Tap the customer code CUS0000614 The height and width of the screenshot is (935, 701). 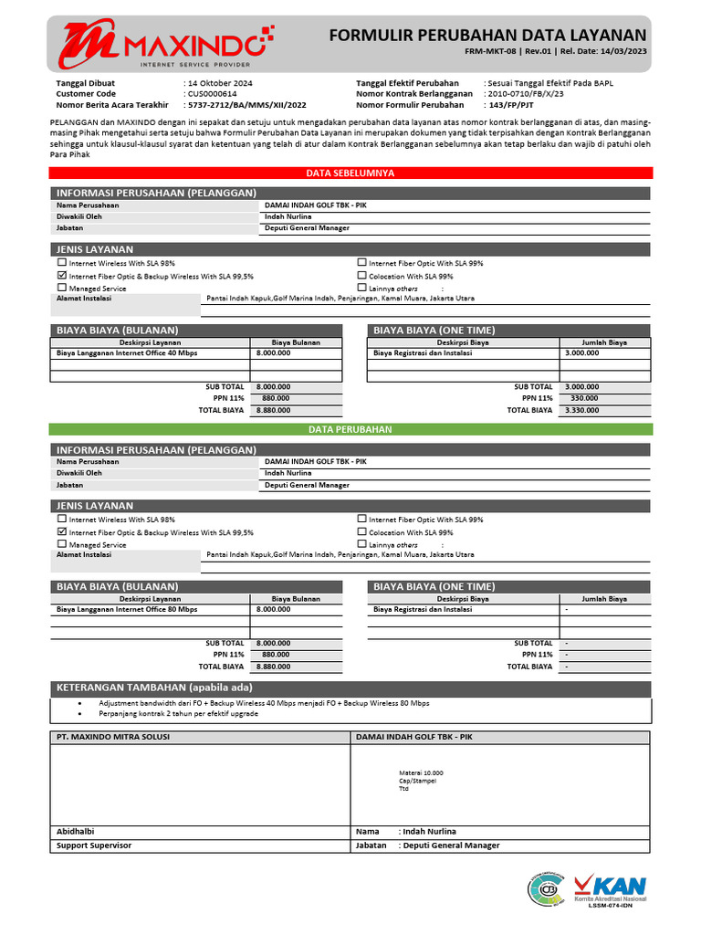213,94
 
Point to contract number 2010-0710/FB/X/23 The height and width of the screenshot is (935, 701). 525,94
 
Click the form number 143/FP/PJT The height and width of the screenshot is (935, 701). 512,105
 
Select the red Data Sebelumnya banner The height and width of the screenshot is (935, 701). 350,173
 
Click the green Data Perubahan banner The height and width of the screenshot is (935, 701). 350,429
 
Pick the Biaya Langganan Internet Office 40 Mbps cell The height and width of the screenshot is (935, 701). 127,352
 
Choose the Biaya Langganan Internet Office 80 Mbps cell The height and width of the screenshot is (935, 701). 127,609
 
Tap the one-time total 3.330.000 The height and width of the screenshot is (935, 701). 582,410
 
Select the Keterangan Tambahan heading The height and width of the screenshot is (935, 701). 154,688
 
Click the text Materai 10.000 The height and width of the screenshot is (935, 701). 421,772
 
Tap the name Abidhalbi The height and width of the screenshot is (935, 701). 76,832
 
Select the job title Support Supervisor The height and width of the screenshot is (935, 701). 94,846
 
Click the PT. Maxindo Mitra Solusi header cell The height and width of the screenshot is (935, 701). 113,737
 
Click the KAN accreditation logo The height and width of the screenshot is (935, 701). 610,888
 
